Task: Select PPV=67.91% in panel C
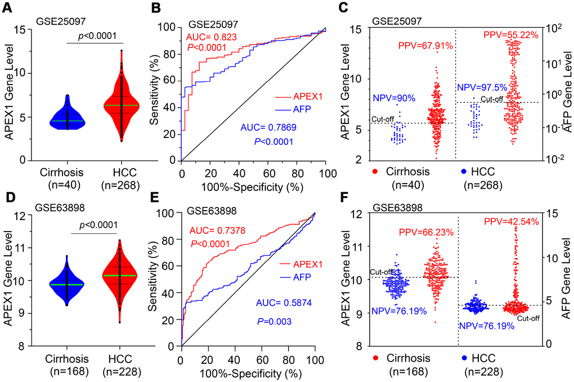[425, 46]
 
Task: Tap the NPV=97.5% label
[482, 87]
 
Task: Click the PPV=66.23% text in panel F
[424, 231]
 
